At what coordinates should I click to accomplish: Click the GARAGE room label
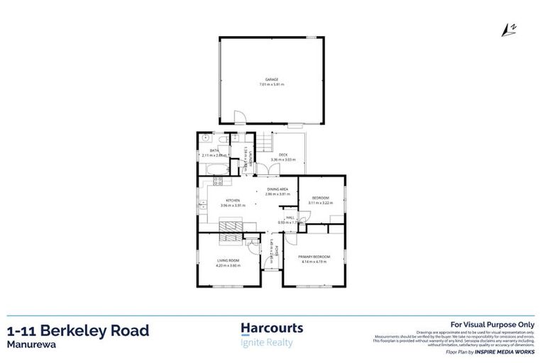pos(272,80)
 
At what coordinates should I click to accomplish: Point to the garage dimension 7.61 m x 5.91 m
pos(272,85)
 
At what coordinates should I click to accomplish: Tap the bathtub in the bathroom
pos(214,168)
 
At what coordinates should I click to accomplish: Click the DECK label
pos(282,155)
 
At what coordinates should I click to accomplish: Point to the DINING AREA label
pos(277,189)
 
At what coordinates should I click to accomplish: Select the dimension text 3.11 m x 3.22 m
pos(320,203)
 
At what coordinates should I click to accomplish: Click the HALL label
pos(290,218)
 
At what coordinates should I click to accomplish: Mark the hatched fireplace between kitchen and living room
pos(231,226)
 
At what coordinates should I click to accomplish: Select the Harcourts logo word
pos(272,329)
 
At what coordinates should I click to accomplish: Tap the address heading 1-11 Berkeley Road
pos(78,330)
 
